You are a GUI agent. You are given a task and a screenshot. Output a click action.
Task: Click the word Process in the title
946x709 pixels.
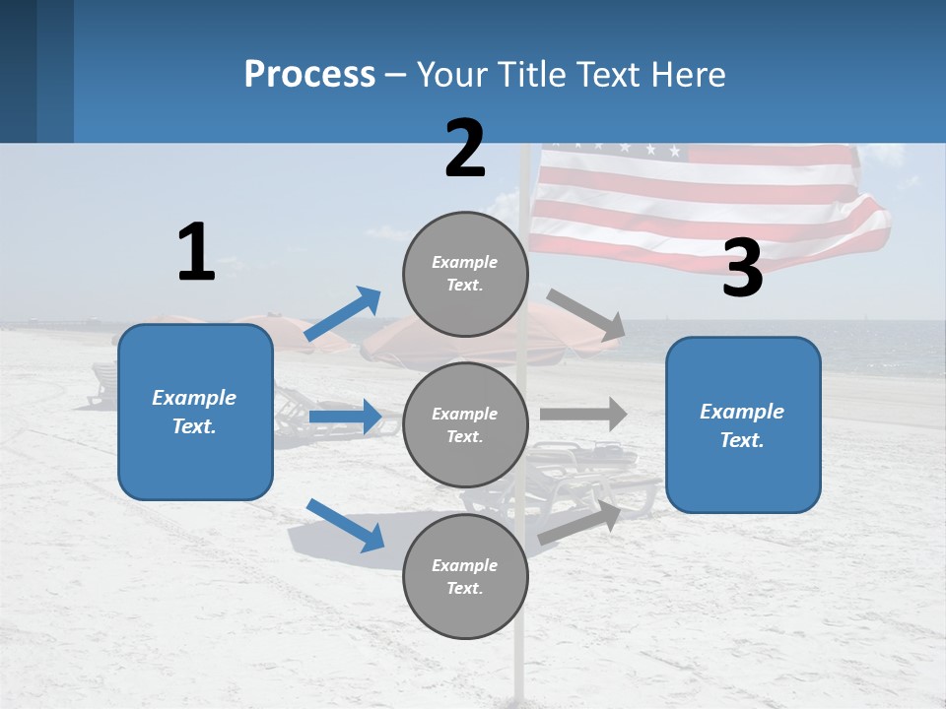(x=309, y=75)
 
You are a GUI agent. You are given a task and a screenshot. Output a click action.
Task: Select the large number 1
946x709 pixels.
(x=196, y=253)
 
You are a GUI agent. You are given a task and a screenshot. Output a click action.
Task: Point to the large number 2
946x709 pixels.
(x=465, y=150)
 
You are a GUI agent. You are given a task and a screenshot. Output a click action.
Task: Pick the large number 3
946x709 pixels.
(x=742, y=269)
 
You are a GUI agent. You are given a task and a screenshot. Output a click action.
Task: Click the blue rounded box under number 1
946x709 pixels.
(x=195, y=412)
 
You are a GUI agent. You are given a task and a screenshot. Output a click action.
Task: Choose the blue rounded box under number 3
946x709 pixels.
(x=743, y=424)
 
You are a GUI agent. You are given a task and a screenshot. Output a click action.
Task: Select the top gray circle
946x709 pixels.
(x=465, y=274)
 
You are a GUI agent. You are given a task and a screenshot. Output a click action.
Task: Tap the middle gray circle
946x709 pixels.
(x=465, y=424)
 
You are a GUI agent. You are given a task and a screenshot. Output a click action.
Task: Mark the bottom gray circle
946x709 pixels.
(x=465, y=576)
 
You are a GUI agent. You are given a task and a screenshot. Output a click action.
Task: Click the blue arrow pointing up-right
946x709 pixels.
(x=343, y=313)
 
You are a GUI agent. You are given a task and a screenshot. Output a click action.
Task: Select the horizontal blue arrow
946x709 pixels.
(x=345, y=417)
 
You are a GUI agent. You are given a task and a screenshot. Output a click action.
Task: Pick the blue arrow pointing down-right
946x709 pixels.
(x=345, y=525)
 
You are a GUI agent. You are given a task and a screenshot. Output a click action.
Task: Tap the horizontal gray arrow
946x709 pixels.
(x=583, y=414)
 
